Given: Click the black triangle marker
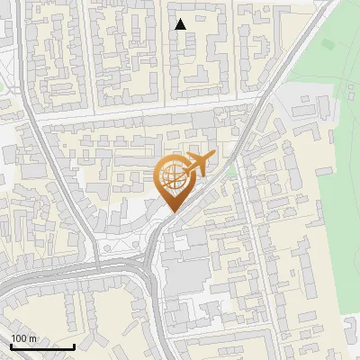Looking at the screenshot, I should point(181,24).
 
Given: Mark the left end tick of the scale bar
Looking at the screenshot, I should point(12,345).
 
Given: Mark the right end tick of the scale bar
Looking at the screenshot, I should point(74,345).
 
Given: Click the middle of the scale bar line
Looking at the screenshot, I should point(42,346).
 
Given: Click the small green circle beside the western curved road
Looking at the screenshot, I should point(2,85).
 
